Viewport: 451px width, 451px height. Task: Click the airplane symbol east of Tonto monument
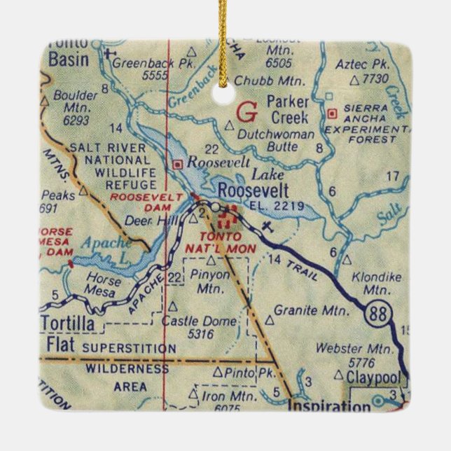(x=267, y=226)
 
